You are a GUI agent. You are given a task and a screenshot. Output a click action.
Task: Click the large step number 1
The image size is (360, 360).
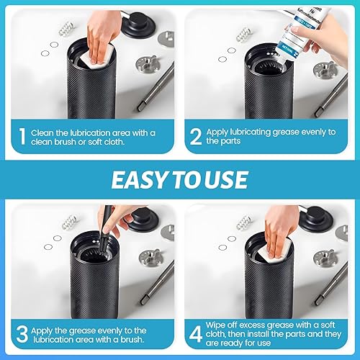[22, 136]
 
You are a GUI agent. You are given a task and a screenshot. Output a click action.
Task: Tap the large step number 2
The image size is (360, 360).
[196, 136]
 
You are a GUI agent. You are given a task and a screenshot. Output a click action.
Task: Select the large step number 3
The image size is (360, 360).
[22, 334]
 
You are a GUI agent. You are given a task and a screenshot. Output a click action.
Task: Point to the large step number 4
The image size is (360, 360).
[196, 334]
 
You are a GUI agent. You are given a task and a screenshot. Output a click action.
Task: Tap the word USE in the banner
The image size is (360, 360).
[227, 180]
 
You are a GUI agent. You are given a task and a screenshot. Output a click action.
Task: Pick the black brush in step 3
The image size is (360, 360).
[106, 230]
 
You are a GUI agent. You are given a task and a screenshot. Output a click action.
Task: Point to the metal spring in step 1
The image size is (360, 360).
[66, 29]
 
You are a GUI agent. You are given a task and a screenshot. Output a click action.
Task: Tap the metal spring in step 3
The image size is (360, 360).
[70, 222]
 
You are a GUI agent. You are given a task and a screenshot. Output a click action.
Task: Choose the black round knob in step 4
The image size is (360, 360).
[316, 219]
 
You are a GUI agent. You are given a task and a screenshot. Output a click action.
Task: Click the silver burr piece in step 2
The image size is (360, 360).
[325, 71]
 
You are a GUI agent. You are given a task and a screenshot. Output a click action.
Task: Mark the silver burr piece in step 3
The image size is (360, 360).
[151, 258]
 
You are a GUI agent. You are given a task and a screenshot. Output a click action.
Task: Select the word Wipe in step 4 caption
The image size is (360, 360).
[215, 325]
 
